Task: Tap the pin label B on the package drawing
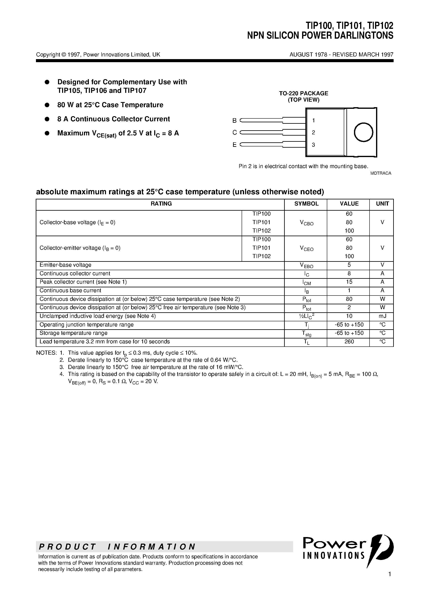coord(234,121)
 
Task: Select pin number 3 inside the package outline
coord(313,145)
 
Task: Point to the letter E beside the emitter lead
coord(234,145)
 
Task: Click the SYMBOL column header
coord(306,204)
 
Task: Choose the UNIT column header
coord(382,204)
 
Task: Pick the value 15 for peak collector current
coord(349,282)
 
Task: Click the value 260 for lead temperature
coord(349,342)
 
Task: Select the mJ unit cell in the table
coord(382,316)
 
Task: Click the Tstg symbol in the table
coord(306,333)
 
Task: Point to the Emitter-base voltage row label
coord(65,265)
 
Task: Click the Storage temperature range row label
coord(73,333)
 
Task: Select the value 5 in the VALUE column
coord(349,265)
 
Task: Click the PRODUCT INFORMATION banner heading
coord(117,547)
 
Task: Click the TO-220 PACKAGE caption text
coord(303,93)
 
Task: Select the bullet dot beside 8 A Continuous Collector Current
coord(47,119)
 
